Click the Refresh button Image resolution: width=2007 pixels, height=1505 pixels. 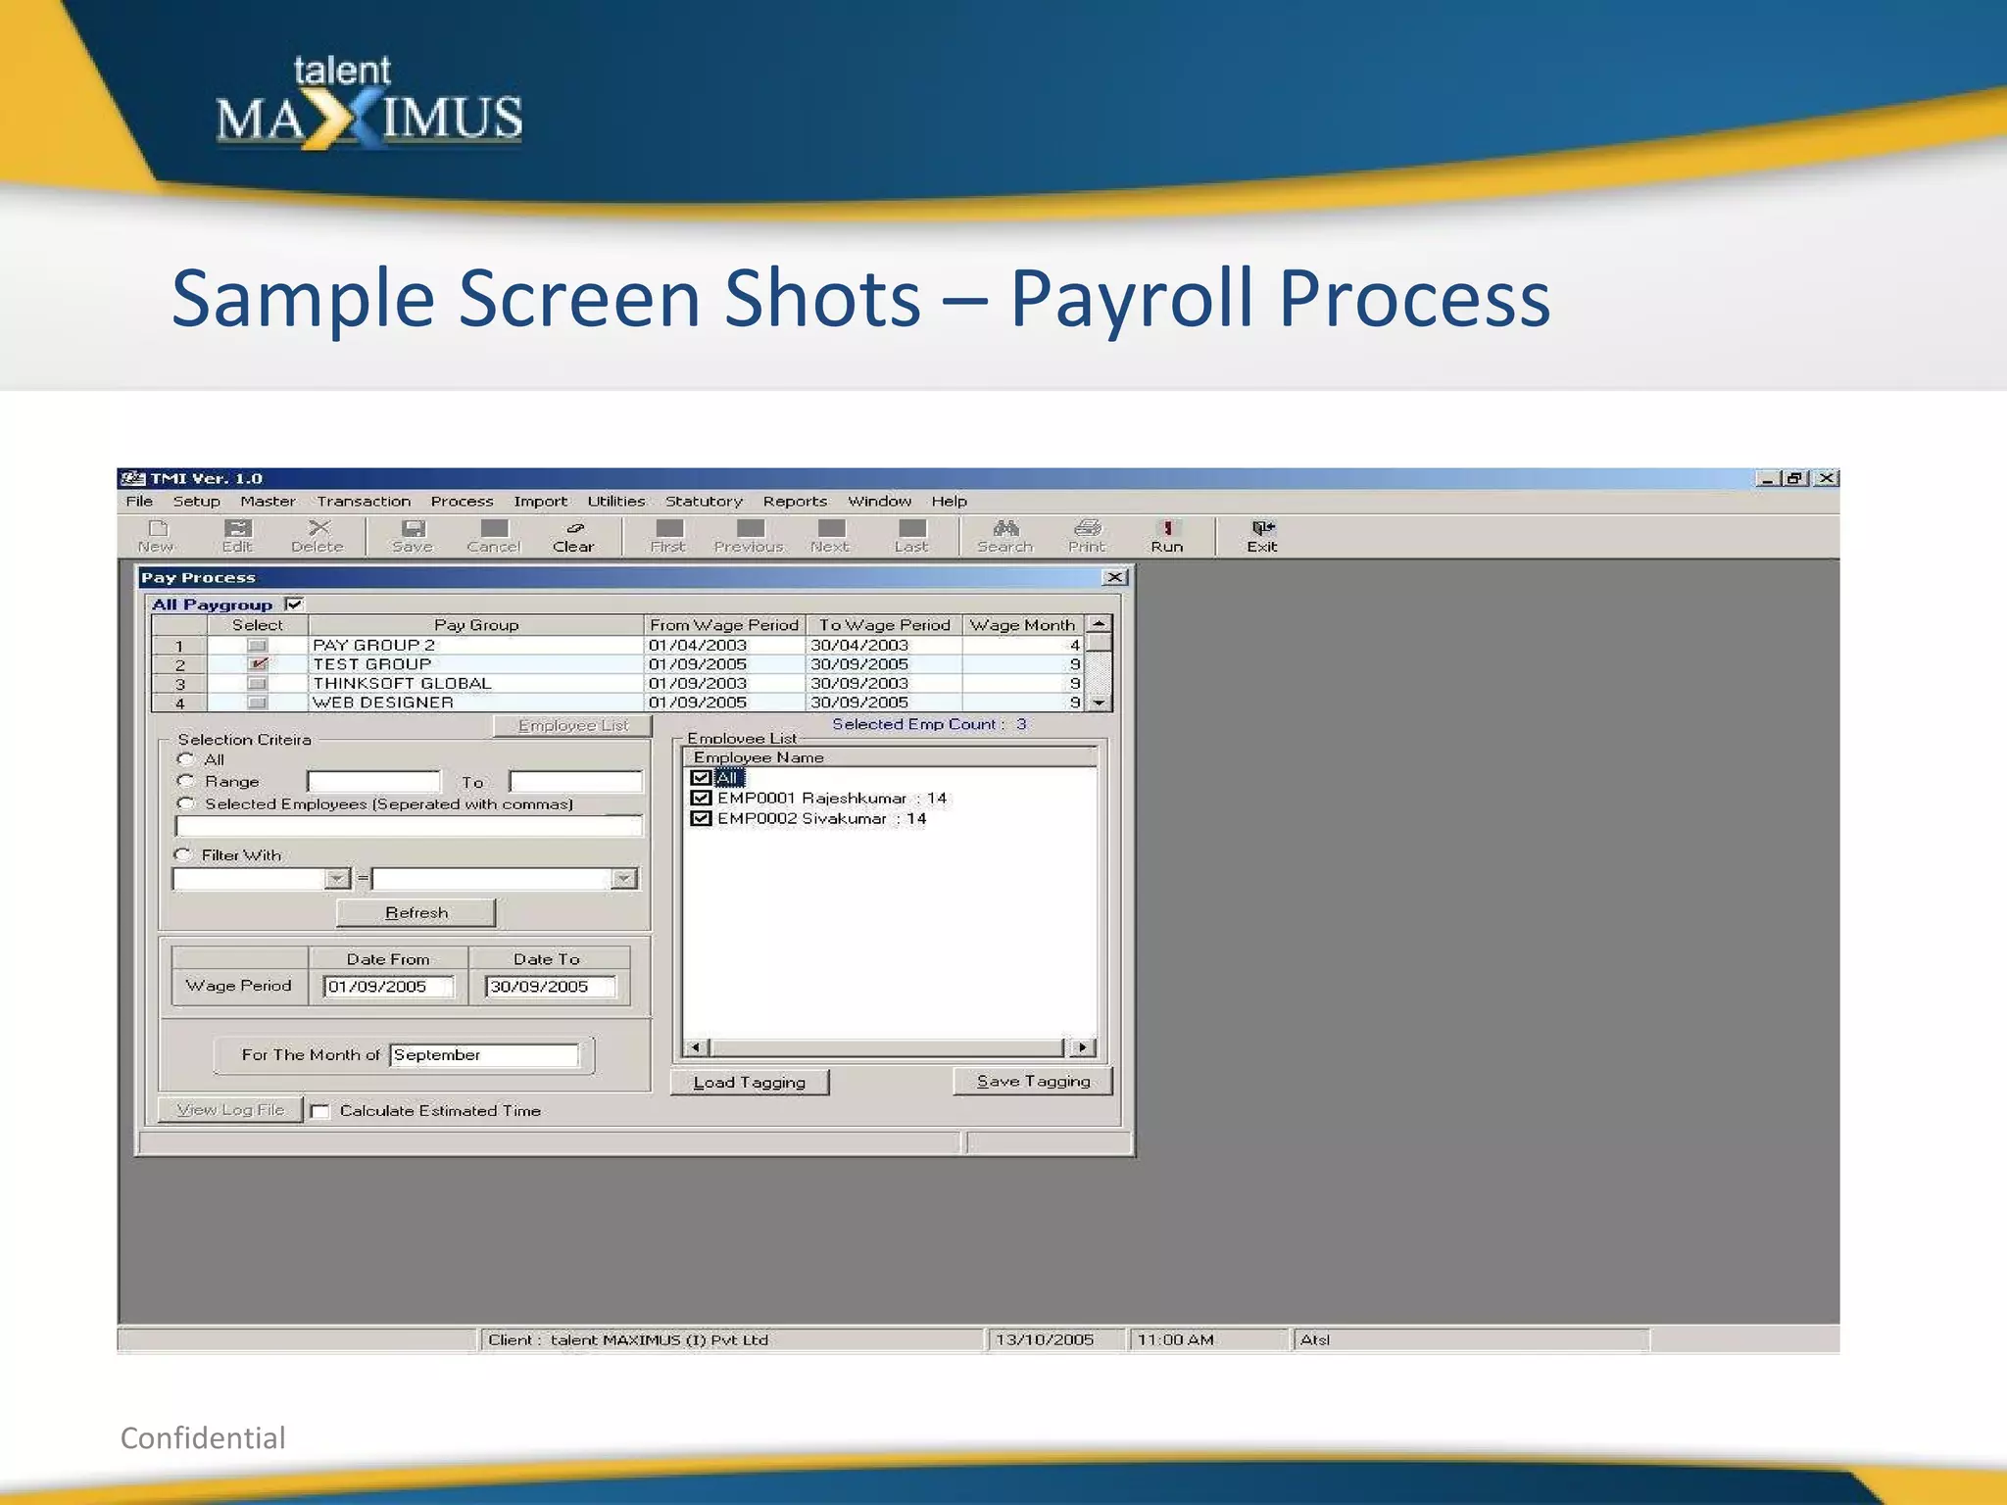[416, 912]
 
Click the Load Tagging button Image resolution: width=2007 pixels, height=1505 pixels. [749, 1082]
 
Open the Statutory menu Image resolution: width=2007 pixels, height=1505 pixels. [704, 501]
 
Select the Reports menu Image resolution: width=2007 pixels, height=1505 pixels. [795, 501]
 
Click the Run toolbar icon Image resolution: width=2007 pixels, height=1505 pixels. [1166, 536]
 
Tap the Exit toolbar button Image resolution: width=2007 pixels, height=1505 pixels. [1262, 536]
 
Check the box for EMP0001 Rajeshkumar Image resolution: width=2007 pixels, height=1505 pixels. [701, 798]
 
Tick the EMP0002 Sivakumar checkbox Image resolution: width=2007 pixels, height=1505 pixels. [701, 818]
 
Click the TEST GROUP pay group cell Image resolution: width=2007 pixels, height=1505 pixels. [372, 664]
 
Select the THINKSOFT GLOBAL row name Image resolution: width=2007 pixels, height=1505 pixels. [402, 683]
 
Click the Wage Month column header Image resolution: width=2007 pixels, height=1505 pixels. [1022, 625]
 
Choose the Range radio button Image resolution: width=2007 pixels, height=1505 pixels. [185, 781]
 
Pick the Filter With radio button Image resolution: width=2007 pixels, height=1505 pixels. [182, 854]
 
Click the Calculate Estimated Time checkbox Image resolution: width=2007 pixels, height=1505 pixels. [319, 1111]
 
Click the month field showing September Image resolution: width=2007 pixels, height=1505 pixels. [483, 1054]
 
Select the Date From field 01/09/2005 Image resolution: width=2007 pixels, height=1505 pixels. [388, 987]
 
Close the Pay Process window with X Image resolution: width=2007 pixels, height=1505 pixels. [1114, 577]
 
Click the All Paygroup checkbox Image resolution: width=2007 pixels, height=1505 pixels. [294, 605]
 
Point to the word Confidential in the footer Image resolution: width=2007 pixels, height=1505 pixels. [203, 1437]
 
